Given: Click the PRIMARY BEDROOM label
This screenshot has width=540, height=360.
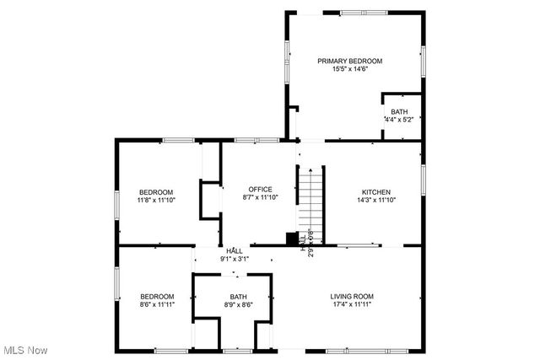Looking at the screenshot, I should point(350,61).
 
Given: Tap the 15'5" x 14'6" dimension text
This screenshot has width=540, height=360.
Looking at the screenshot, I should point(350,69).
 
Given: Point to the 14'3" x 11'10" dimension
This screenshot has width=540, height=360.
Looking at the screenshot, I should point(376,200).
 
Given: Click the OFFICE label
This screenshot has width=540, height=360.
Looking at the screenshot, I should point(260,189).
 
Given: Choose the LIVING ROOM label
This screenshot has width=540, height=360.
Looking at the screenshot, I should point(351,296).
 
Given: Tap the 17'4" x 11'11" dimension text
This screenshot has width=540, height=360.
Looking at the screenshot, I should point(351,305).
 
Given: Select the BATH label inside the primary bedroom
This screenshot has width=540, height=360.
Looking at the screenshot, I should point(399,111).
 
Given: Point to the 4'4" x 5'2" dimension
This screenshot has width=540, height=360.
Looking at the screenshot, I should point(398,120).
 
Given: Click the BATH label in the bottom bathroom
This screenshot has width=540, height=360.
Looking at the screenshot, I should point(239,296).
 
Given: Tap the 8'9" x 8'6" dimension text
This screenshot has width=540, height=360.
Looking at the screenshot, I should point(239,305).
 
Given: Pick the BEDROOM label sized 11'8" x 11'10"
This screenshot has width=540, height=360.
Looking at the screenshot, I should point(156,191).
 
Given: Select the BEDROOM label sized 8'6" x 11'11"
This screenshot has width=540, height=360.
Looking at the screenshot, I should point(157,296).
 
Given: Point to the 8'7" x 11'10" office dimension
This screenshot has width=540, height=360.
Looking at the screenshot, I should point(260,198).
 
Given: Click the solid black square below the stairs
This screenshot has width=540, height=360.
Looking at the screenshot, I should point(292,239).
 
